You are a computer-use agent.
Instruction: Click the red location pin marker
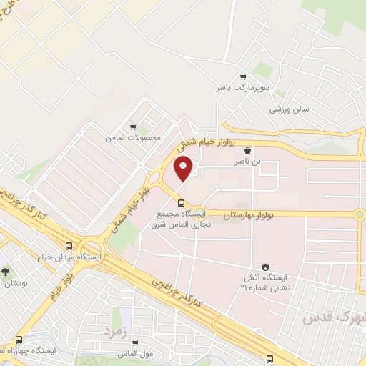pyautogui.click(x=184, y=169)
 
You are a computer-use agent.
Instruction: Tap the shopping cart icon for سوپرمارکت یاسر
pyautogui.click(x=243, y=77)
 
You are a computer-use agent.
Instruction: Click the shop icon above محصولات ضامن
pyautogui.click(x=132, y=124)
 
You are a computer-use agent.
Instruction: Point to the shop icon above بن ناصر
pyautogui.click(x=247, y=151)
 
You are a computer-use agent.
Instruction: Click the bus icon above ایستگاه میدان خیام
pyautogui.click(x=69, y=244)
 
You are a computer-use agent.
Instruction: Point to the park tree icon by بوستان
pyautogui.click(x=6, y=272)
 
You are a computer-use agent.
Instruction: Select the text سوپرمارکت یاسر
pyautogui.click(x=243, y=89)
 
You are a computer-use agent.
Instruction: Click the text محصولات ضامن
pyautogui.click(x=133, y=136)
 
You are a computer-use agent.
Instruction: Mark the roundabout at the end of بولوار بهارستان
pyautogui.click(x=360, y=214)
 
